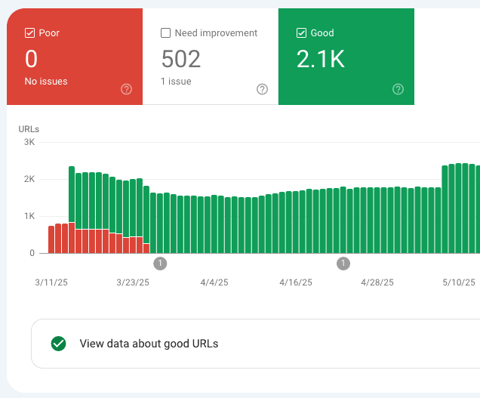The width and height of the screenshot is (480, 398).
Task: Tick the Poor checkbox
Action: pyautogui.click(x=30, y=33)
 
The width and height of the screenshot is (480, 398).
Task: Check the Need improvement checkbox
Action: pyautogui.click(x=166, y=33)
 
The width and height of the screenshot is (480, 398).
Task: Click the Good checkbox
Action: pyautogui.click(x=302, y=33)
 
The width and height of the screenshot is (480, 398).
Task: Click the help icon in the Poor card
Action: pyautogui.click(x=126, y=89)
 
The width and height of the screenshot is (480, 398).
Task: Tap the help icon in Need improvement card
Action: pyautogui.click(x=262, y=89)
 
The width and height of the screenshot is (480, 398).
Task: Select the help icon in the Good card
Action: pyautogui.click(x=398, y=89)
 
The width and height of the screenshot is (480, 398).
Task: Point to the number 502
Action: pyautogui.click(x=181, y=59)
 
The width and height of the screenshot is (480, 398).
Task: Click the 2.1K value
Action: pyautogui.click(x=321, y=59)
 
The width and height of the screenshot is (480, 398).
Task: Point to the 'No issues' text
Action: pyautogui.click(x=46, y=81)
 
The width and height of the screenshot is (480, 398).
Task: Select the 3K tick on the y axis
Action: pyautogui.click(x=29, y=142)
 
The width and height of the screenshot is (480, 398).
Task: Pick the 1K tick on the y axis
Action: pyautogui.click(x=29, y=216)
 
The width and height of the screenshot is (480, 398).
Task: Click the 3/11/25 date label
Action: pyautogui.click(x=51, y=282)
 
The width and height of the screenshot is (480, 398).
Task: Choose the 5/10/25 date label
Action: pyautogui.click(x=459, y=282)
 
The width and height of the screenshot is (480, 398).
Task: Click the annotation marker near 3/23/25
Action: pyautogui.click(x=160, y=263)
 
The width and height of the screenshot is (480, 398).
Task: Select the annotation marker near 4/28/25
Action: pyautogui.click(x=343, y=263)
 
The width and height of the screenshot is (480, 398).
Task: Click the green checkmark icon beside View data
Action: pyautogui.click(x=58, y=344)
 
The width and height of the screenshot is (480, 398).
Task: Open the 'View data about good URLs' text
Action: pyautogui.click(x=149, y=344)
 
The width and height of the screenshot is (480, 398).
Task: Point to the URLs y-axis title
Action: pyautogui.click(x=29, y=129)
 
